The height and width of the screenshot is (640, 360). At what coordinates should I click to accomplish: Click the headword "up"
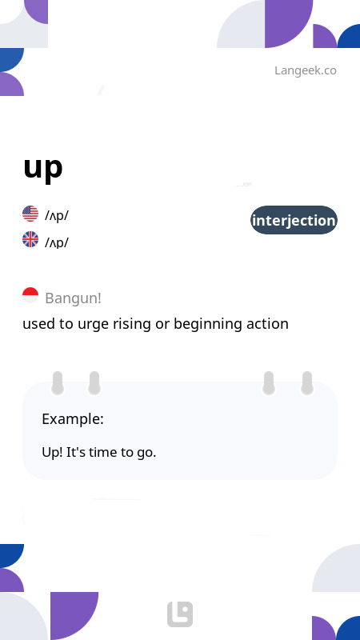[43, 167]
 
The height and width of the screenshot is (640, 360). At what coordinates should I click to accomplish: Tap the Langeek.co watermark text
[306, 70]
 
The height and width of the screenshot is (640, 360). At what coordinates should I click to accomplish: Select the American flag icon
[30, 214]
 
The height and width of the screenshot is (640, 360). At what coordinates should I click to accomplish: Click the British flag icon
[30, 239]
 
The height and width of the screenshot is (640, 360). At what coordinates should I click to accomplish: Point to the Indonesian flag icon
[30, 295]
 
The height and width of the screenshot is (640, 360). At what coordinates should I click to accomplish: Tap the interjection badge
[294, 220]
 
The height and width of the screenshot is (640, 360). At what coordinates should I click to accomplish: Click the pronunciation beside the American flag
[57, 215]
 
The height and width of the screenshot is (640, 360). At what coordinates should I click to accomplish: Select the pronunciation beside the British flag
[57, 242]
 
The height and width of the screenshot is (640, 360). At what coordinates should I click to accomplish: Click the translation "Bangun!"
[73, 298]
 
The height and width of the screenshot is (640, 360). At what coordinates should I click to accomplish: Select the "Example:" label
[73, 418]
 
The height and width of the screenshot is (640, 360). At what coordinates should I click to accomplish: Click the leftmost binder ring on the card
[58, 383]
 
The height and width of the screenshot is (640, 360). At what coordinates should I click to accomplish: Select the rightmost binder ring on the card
[307, 383]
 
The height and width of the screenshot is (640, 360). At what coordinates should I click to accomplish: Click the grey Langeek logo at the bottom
[180, 614]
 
